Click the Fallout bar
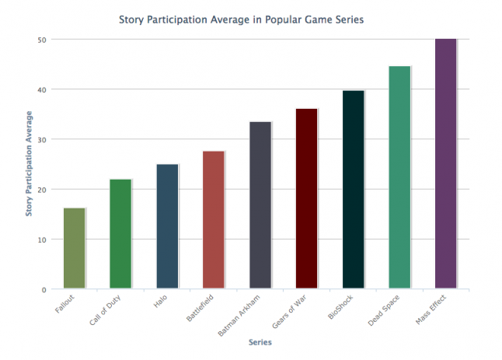[x=74, y=249]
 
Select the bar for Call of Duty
[x=120, y=234]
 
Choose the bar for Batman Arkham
[x=260, y=205]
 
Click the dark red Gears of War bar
[x=307, y=199]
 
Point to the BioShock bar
[x=354, y=190]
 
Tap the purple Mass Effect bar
[x=446, y=164]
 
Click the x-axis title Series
[x=260, y=342]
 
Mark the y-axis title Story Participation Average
[x=29, y=164]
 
